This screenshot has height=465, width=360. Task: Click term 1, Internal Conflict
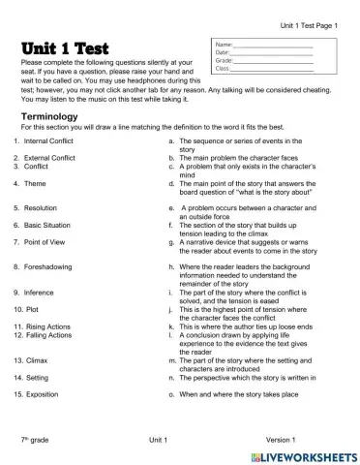point(48,141)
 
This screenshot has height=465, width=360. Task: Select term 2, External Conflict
point(48,157)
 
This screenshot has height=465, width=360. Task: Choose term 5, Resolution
point(42,207)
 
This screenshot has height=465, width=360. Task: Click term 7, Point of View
point(45,241)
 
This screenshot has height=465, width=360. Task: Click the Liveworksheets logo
point(303,455)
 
